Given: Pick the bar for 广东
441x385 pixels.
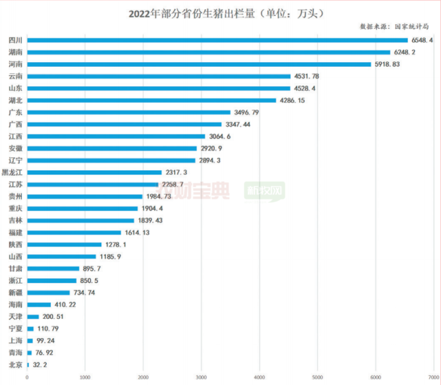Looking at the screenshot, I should click(129, 112).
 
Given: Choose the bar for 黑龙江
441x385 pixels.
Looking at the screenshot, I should click(94, 172).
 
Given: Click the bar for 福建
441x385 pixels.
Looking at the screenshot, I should click(74, 233).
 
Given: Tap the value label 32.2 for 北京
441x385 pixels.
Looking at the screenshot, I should click(43, 364).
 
